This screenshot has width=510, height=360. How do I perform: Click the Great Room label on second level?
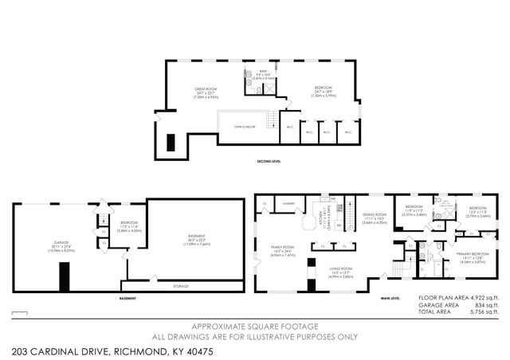point(206,90)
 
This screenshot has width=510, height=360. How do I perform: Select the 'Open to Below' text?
point(245,126)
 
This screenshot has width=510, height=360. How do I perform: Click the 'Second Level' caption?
point(268,160)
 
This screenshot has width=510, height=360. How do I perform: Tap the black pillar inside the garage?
point(64,277)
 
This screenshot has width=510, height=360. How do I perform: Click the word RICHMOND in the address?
point(138,350)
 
